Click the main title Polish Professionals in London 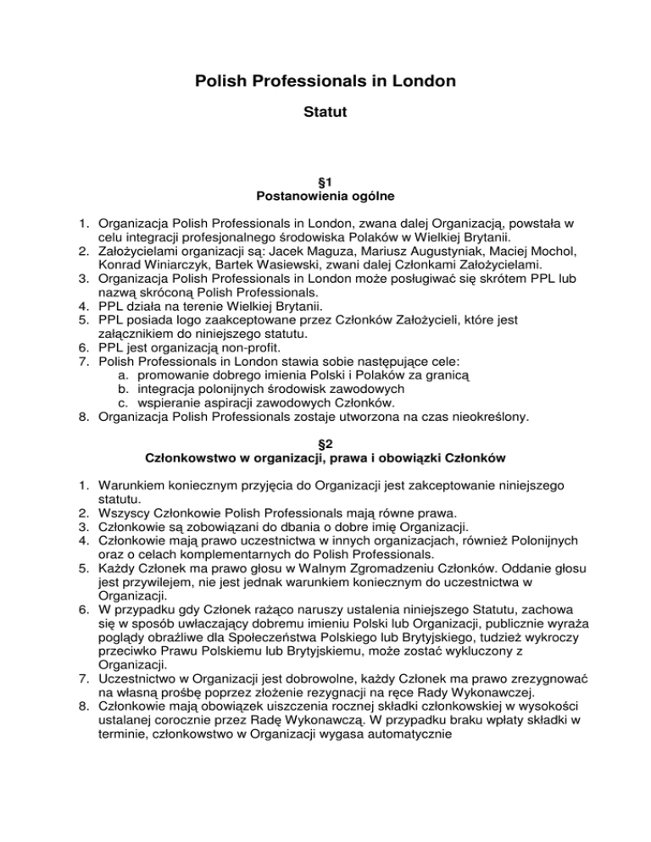click(x=325, y=81)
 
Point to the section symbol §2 click(x=325, y=443)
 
